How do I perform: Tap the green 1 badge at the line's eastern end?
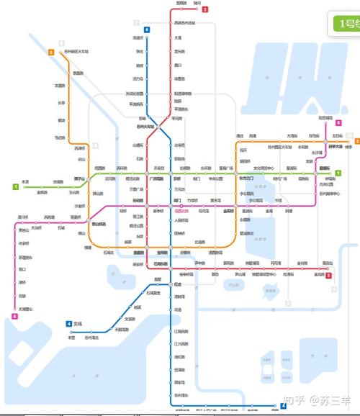tap(337, 173)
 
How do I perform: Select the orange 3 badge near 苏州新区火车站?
tap(51, 53)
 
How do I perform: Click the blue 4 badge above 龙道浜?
tap(147, 30)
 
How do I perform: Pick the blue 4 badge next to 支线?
tap(69, 324)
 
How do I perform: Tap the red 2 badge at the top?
tap(205, 9)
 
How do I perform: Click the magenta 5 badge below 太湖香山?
tap(15, 316)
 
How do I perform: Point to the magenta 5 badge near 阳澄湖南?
tap(337, 122)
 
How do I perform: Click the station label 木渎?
tap(25, 181)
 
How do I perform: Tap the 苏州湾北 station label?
tap(92, 337)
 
